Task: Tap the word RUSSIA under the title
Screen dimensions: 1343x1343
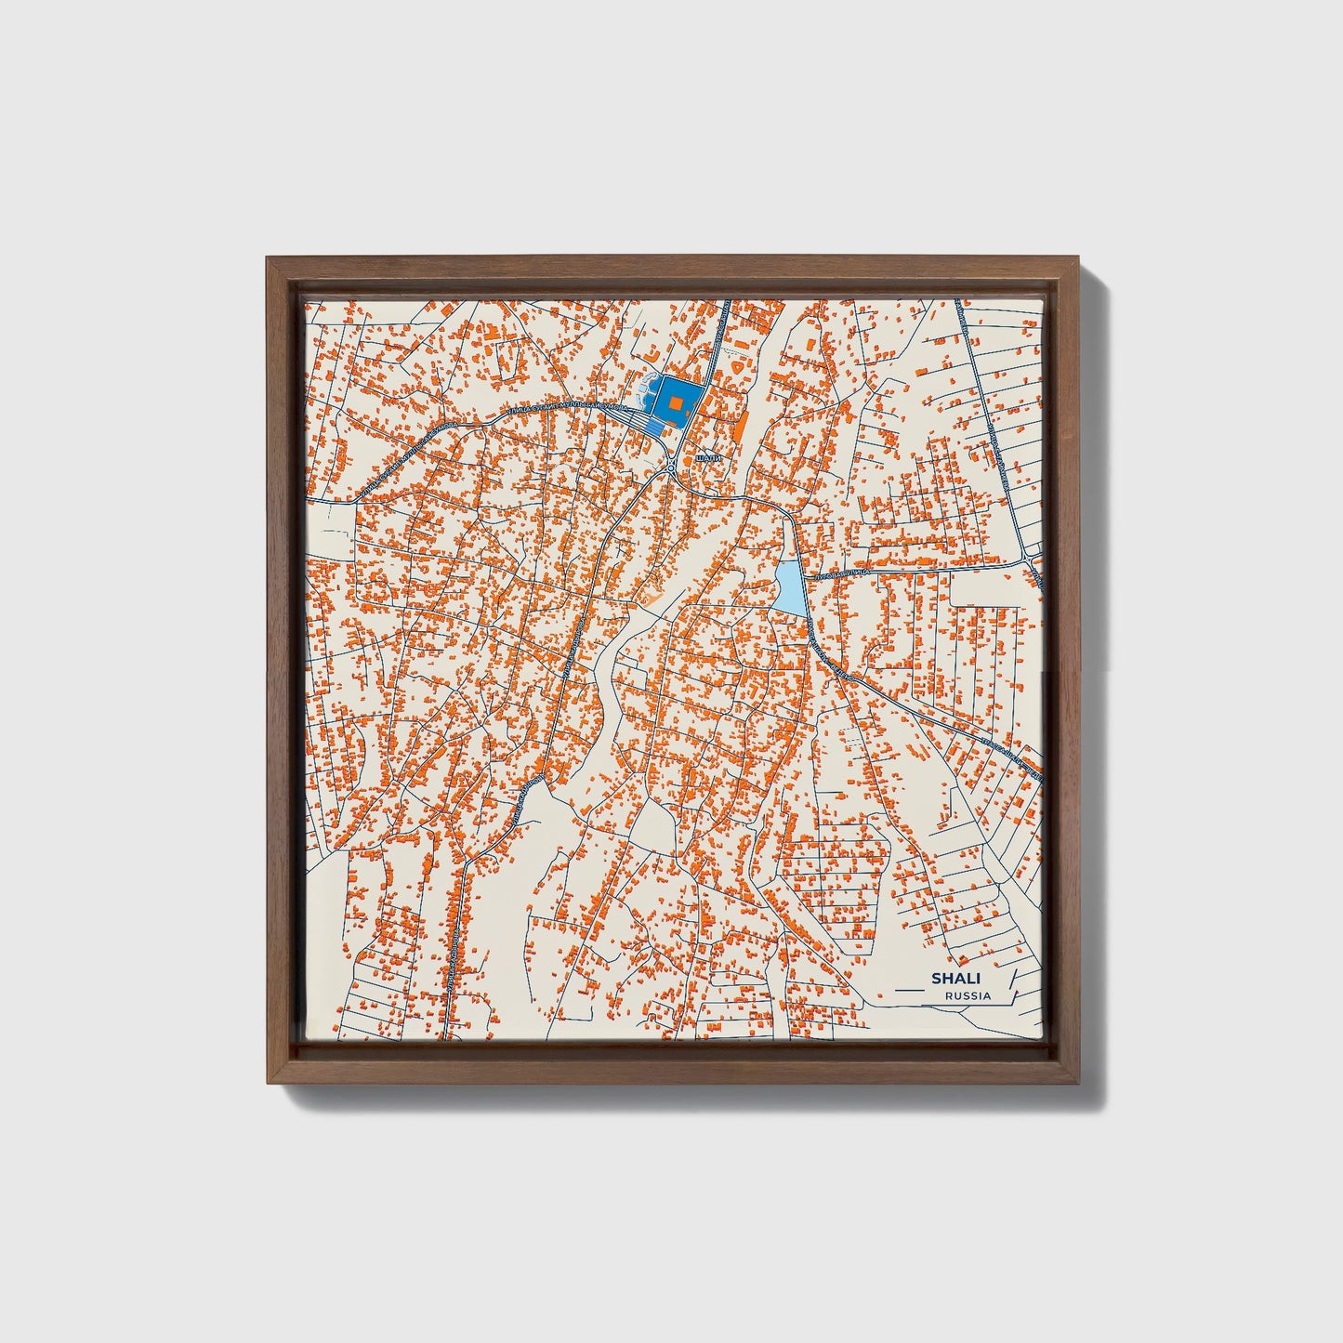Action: [967, 995]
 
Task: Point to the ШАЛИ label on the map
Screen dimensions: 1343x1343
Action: [708, 458]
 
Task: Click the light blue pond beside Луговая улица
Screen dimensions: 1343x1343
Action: [789, 587]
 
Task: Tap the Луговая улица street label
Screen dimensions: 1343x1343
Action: [841, 576]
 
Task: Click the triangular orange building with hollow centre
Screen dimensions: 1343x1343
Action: [736, 366]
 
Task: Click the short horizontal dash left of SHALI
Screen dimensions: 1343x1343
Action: [902, 978]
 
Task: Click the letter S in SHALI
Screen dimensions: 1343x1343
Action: [936, 979]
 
